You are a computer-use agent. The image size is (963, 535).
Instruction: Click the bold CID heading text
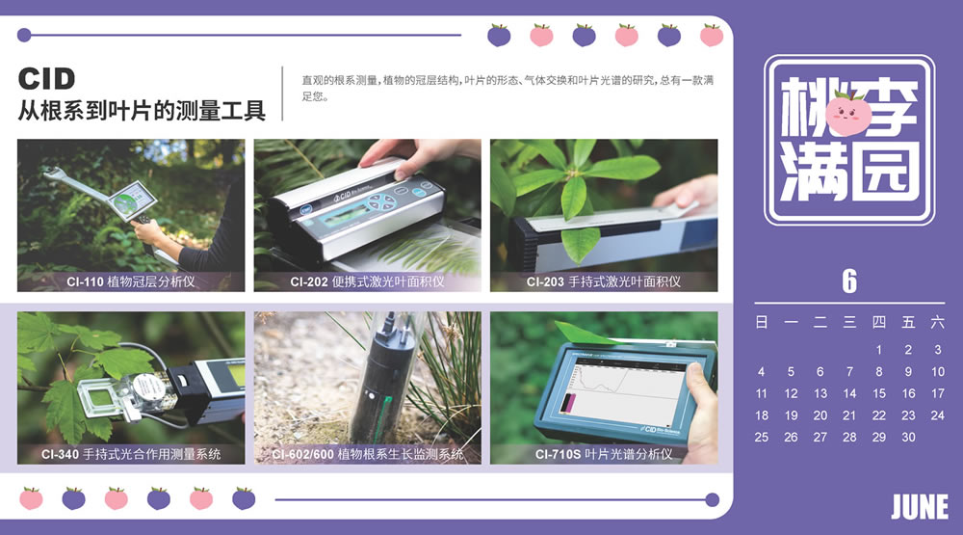[46, 79]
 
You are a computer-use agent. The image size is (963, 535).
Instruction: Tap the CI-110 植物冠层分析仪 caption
[131, 281]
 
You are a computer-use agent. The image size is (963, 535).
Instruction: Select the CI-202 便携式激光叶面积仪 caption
[367, 281]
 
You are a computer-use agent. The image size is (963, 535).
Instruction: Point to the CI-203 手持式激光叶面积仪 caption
[604, 281]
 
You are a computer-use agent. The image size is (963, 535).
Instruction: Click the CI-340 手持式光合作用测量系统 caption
[131, 454]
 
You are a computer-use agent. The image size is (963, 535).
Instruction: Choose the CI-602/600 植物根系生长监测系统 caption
[367, 454]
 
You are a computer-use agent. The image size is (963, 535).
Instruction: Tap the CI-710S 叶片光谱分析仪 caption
[604, 454]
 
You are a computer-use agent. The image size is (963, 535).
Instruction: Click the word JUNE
[920, 507]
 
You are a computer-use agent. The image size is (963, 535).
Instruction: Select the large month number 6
[849, 281]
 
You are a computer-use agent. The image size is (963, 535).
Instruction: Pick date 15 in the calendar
[879, 393]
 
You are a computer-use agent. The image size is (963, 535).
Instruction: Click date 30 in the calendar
[908, 438]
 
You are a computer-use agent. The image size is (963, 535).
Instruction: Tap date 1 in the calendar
[879, 350]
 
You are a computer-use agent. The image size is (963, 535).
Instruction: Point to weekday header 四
[879, 322]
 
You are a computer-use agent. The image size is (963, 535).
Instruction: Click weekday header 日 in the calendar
[762, 322]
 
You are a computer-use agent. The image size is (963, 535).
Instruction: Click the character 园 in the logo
[885, 170]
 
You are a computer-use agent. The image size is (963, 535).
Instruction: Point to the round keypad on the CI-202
[380, 201]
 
